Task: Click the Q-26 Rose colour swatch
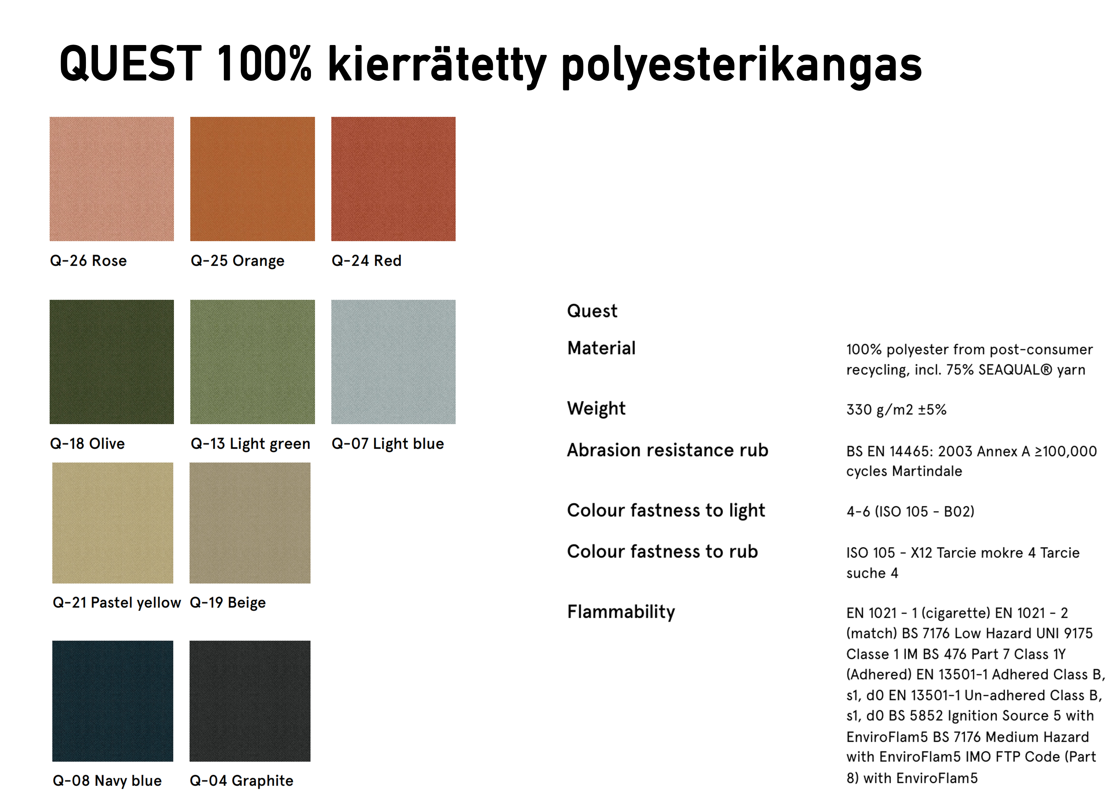(112, 179)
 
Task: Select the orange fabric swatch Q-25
(252, 179)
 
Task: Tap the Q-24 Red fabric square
(393, 179)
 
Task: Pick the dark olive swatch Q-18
(112, 362)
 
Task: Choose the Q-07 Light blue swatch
(393, 362)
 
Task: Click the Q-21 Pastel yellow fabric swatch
(113, 523)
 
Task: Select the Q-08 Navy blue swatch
(113, 701)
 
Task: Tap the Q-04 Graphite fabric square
(250, 701)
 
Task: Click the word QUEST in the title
(130, 64)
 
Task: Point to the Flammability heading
(621, 612)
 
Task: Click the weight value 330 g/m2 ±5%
(896, 409)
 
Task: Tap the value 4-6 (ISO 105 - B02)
(910, 511)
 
